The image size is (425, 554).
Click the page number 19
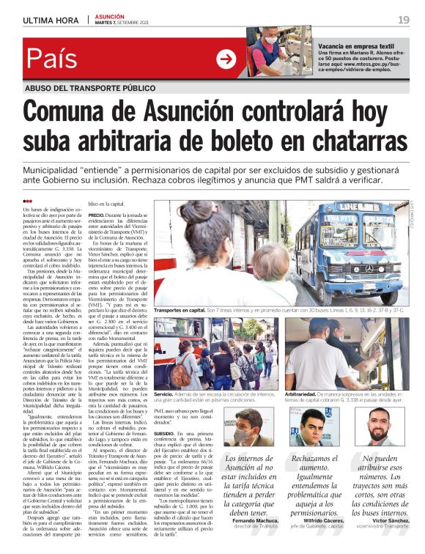point(404,20)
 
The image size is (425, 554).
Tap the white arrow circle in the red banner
point(226,59)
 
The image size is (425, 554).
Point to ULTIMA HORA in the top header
point(51,20)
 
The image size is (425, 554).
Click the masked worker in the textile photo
point(272,51)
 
